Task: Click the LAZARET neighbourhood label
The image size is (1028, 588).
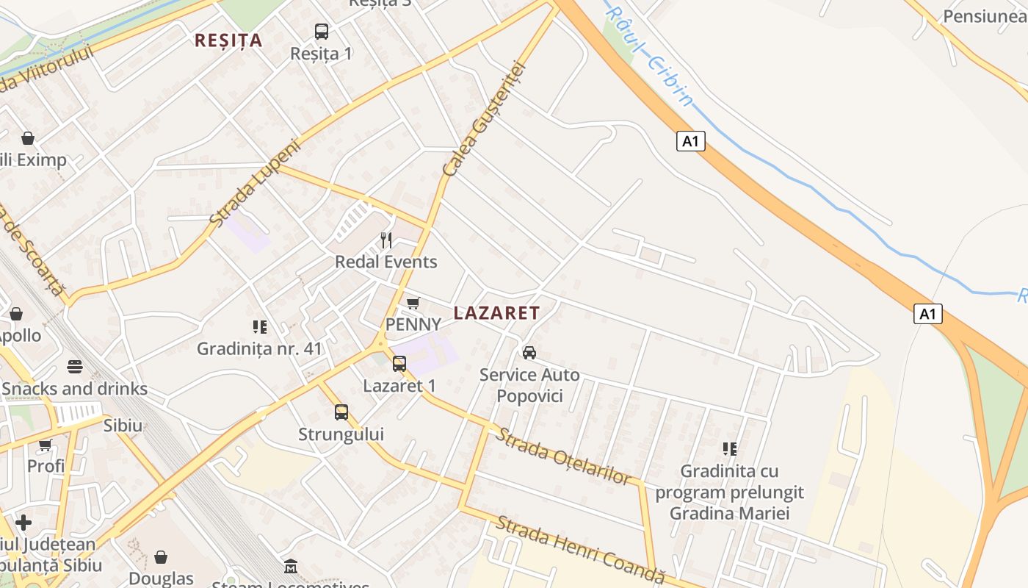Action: (496, 313)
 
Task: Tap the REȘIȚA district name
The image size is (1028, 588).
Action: (228, 40)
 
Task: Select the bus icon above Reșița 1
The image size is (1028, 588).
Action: (322, 32)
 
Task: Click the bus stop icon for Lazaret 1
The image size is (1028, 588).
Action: (399, 363)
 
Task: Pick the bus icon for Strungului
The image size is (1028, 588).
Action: (341, 412)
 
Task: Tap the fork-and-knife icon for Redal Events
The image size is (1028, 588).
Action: (386, 240)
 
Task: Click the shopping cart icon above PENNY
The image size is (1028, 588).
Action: (413, 303)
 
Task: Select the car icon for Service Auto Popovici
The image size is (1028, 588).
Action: (529, 353)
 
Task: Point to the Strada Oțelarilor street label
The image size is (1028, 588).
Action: (562, 456)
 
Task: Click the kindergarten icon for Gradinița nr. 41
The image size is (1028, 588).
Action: (259, 326)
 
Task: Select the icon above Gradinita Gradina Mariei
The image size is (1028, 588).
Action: (729, 448)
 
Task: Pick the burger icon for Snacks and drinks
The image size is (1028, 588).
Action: (74, 366)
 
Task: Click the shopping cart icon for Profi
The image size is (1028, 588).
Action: (46, 445)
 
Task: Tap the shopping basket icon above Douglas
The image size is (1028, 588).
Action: (161, 557)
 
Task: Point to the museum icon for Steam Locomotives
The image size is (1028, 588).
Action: (291, 567)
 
